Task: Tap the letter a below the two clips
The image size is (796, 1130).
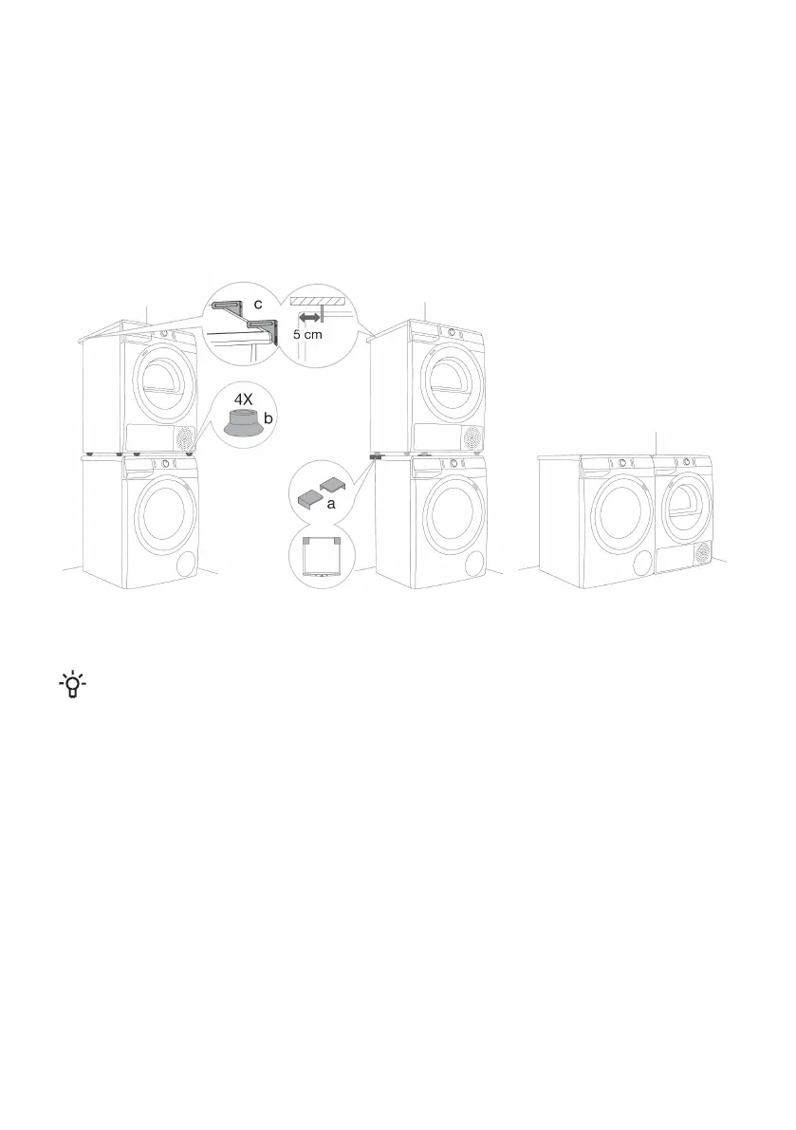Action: (x=331, y=505)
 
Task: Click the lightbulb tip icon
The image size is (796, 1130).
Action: (x=70, y=685)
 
